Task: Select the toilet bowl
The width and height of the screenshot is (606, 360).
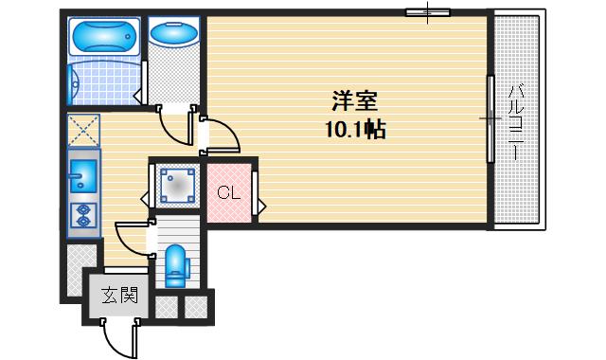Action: pyautogui.click(x=176, y=266)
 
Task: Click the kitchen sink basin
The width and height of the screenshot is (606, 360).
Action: pyautogui.click(x=81, y=176)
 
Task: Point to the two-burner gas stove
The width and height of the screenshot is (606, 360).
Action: pyautogui.click(x=82, y=215)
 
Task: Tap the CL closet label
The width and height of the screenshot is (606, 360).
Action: pyautogui.click(x=227, y=193)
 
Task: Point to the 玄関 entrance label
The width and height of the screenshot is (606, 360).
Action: pyautogui.click(x=120, y=295)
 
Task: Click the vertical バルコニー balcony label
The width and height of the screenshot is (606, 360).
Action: pyautogui.click(x=516, y=123)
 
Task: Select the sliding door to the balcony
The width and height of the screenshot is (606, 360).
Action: pyautogui.click(x=489, y=119)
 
